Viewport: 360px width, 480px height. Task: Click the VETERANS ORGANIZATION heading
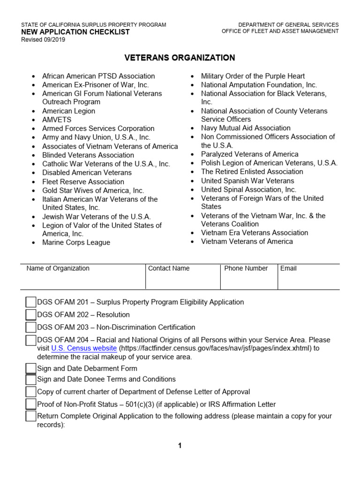coord(180,58)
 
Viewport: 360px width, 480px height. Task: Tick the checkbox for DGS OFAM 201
coord(31,302)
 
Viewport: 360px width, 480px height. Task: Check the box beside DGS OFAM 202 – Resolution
coord(31,315)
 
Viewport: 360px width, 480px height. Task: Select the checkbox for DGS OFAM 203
coord(31,327)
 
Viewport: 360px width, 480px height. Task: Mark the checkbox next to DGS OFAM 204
coord(31,340)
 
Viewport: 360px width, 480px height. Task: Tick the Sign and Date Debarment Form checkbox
coord(31,368)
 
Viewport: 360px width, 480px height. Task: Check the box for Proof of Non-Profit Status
coord(31,404)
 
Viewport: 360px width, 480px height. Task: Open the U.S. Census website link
coord(84,348)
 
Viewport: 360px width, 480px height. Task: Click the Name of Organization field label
coord(58,269)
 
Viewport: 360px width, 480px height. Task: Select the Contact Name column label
coord(169,269)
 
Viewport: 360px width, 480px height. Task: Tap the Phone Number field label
coord(246,269)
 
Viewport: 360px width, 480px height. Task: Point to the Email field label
coord(288,269)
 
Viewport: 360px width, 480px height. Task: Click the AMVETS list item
coord(57,120)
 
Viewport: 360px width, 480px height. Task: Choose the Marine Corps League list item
coord(76,242)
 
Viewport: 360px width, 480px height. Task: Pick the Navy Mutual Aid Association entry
coord(246,128)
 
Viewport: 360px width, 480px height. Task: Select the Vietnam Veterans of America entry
coord(247,241)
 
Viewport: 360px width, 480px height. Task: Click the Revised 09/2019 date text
coord(43,40)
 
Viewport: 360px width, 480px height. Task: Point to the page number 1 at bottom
coord(180,446)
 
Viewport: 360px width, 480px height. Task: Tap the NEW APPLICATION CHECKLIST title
coord(75,32)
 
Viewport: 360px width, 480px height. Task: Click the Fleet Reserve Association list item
coord(83,182)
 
